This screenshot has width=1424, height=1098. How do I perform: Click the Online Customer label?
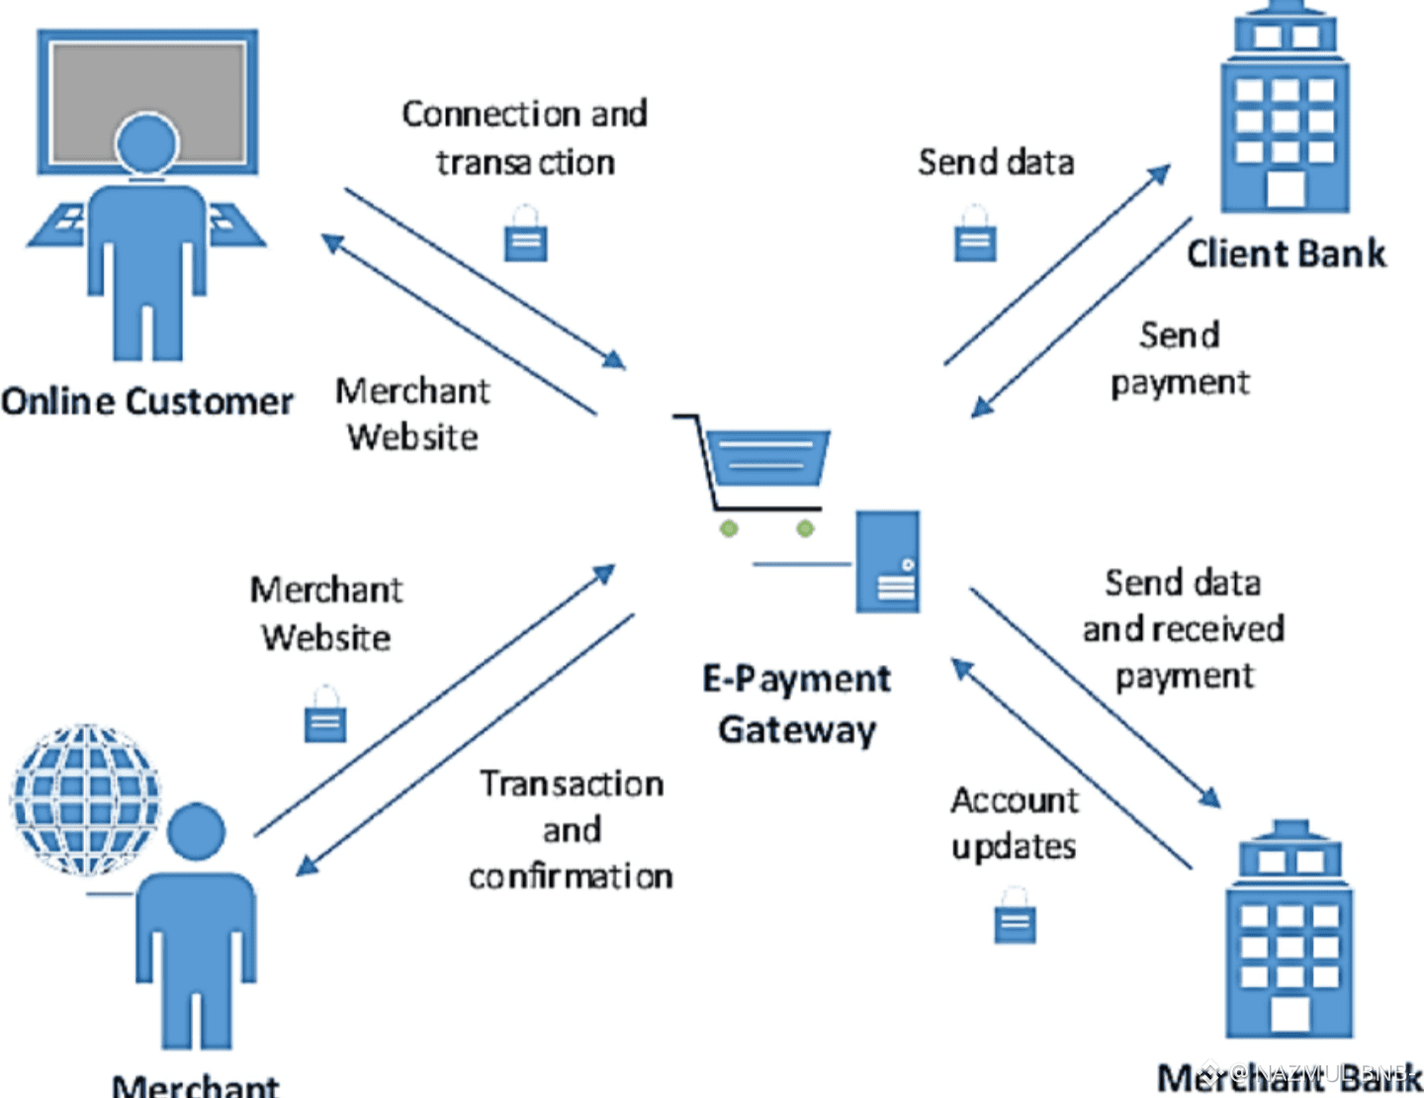(x=147, y=402)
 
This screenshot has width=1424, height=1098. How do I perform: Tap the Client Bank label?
(x=1286, y=254)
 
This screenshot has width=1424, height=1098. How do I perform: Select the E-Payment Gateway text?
(x=797, y=703)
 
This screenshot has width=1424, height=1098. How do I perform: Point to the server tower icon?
(x=887, y=561)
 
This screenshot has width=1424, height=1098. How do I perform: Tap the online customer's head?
(x=147, y=141)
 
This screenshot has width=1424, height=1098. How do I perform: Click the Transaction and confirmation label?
(x=571, y=830)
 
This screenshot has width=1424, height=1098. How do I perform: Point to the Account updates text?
(x=1015, y=823)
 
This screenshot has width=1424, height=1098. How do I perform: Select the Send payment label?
(x=1180, y=358)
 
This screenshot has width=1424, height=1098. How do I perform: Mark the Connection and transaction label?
(x=525, y=137)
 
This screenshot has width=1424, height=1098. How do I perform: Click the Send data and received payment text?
(x=1183, y=629)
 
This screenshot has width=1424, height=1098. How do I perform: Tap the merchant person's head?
(x=196, y=831)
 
